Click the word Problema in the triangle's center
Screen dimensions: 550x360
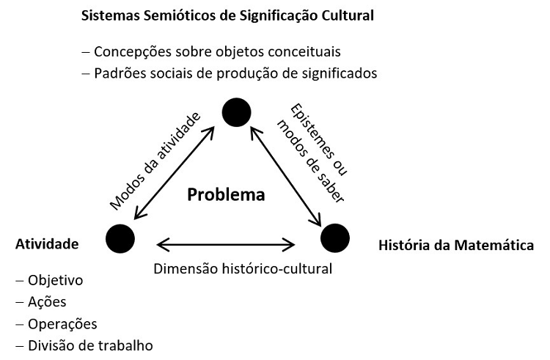[225, 195]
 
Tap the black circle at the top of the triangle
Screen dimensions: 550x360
[236, 111]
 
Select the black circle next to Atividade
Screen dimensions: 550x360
[120, 238]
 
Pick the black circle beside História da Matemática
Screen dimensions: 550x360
[335, 238]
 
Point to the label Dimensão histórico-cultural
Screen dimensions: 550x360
[243, 268]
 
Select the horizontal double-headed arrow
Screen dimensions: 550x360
[226, 243]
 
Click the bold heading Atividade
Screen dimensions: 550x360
[47, 244]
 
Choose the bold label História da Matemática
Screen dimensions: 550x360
[455, 244]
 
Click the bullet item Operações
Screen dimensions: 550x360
[62, 324]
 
